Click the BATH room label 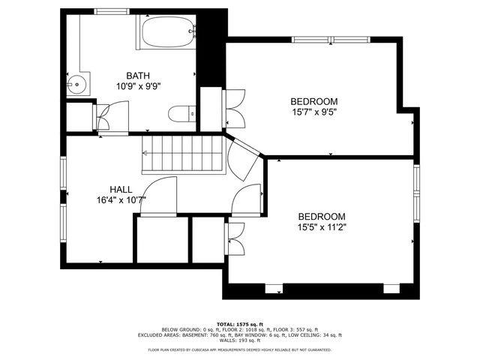(x=138, y=75)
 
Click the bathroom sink (x=76, y=85)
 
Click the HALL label (x=121, y=190)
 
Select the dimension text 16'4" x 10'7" (x=121, y=200)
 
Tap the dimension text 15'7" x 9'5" (x=313, y=112)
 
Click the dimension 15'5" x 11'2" (x=321, y=226)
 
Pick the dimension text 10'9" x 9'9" (x=138, y=85)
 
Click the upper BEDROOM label (x=313, y=101)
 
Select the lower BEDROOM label (x=321, y=216)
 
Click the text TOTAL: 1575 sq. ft (x=240, y=323)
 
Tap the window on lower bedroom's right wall (x=417, y=193)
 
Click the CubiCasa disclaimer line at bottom (x=240, y=350)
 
